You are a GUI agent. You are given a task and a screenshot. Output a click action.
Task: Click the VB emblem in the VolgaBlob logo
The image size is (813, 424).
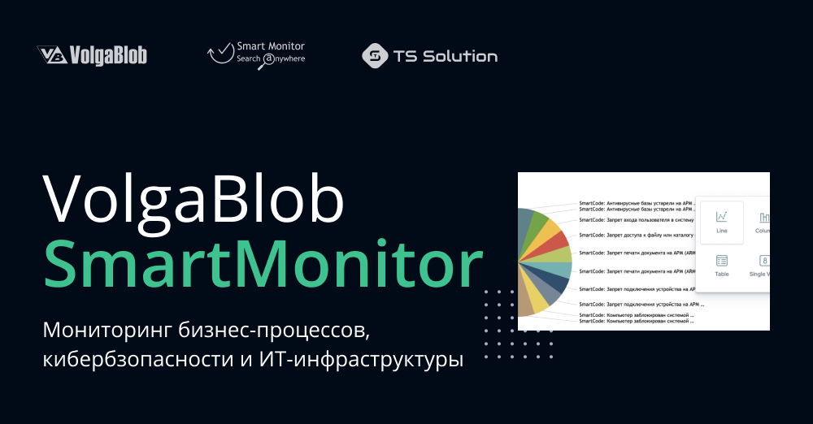point(51,55)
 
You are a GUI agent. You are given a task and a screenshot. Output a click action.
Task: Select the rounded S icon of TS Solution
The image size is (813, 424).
point(374,56)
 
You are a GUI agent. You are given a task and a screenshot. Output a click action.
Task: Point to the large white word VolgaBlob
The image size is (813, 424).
point(193,200)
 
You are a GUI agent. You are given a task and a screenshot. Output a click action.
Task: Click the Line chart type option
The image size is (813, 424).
point(721,222)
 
